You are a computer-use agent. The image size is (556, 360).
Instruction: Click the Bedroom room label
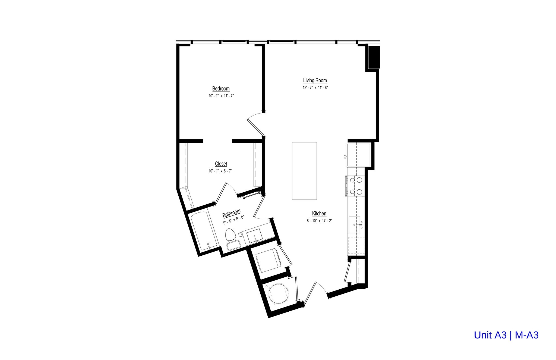[x=221, y=89]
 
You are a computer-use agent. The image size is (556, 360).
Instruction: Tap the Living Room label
[x=315, y=80]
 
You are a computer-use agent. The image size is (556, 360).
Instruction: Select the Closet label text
[x=221, y=164]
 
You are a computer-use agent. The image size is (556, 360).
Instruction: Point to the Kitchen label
[x=319, y=214]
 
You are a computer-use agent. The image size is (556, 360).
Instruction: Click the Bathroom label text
[x=232, y=213]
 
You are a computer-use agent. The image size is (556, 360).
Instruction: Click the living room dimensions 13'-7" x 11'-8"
[x=315, y=88]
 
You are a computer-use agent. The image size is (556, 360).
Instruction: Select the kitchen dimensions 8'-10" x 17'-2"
[x=320, y=221]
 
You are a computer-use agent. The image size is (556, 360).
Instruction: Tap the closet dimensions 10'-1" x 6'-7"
[x=220, y=171]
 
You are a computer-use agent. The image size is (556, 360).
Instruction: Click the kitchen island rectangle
[x=304, y=171]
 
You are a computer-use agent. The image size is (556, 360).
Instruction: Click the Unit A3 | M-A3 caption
[x=506, y=335]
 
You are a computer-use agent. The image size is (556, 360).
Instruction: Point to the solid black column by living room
[x=374, y=57]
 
